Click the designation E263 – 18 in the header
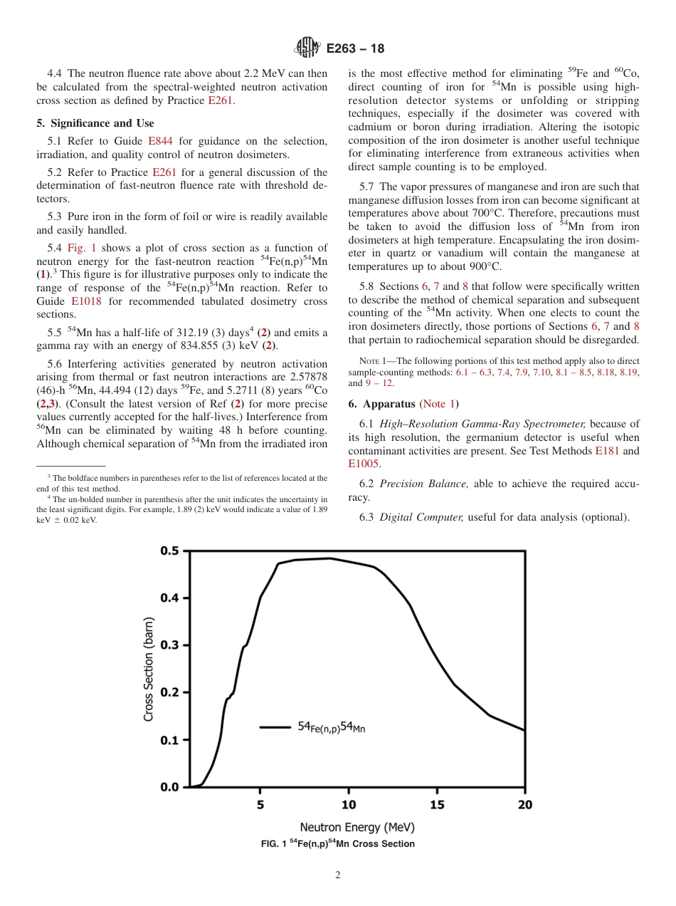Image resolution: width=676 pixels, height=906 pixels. [x=355, y=49]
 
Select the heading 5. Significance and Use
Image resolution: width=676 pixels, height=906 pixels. [x=95, y=123]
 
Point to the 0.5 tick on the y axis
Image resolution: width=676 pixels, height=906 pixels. [x=169, y=551]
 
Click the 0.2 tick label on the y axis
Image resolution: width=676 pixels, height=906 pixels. [x=169, y=692]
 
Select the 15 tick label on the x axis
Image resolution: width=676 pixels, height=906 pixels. [x=436, y=805]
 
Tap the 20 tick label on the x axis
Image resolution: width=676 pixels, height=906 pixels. [x=524, y=805]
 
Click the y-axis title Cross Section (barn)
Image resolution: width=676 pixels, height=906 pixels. [x=149, y=670]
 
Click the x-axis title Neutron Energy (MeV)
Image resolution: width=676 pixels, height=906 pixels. [x=357, y=828]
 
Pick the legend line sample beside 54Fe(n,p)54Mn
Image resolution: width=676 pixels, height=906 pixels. [x=274, y=727]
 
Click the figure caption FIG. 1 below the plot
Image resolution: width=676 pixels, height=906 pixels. [x=338, y=844]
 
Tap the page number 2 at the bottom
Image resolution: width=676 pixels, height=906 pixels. [x=338, y=875]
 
